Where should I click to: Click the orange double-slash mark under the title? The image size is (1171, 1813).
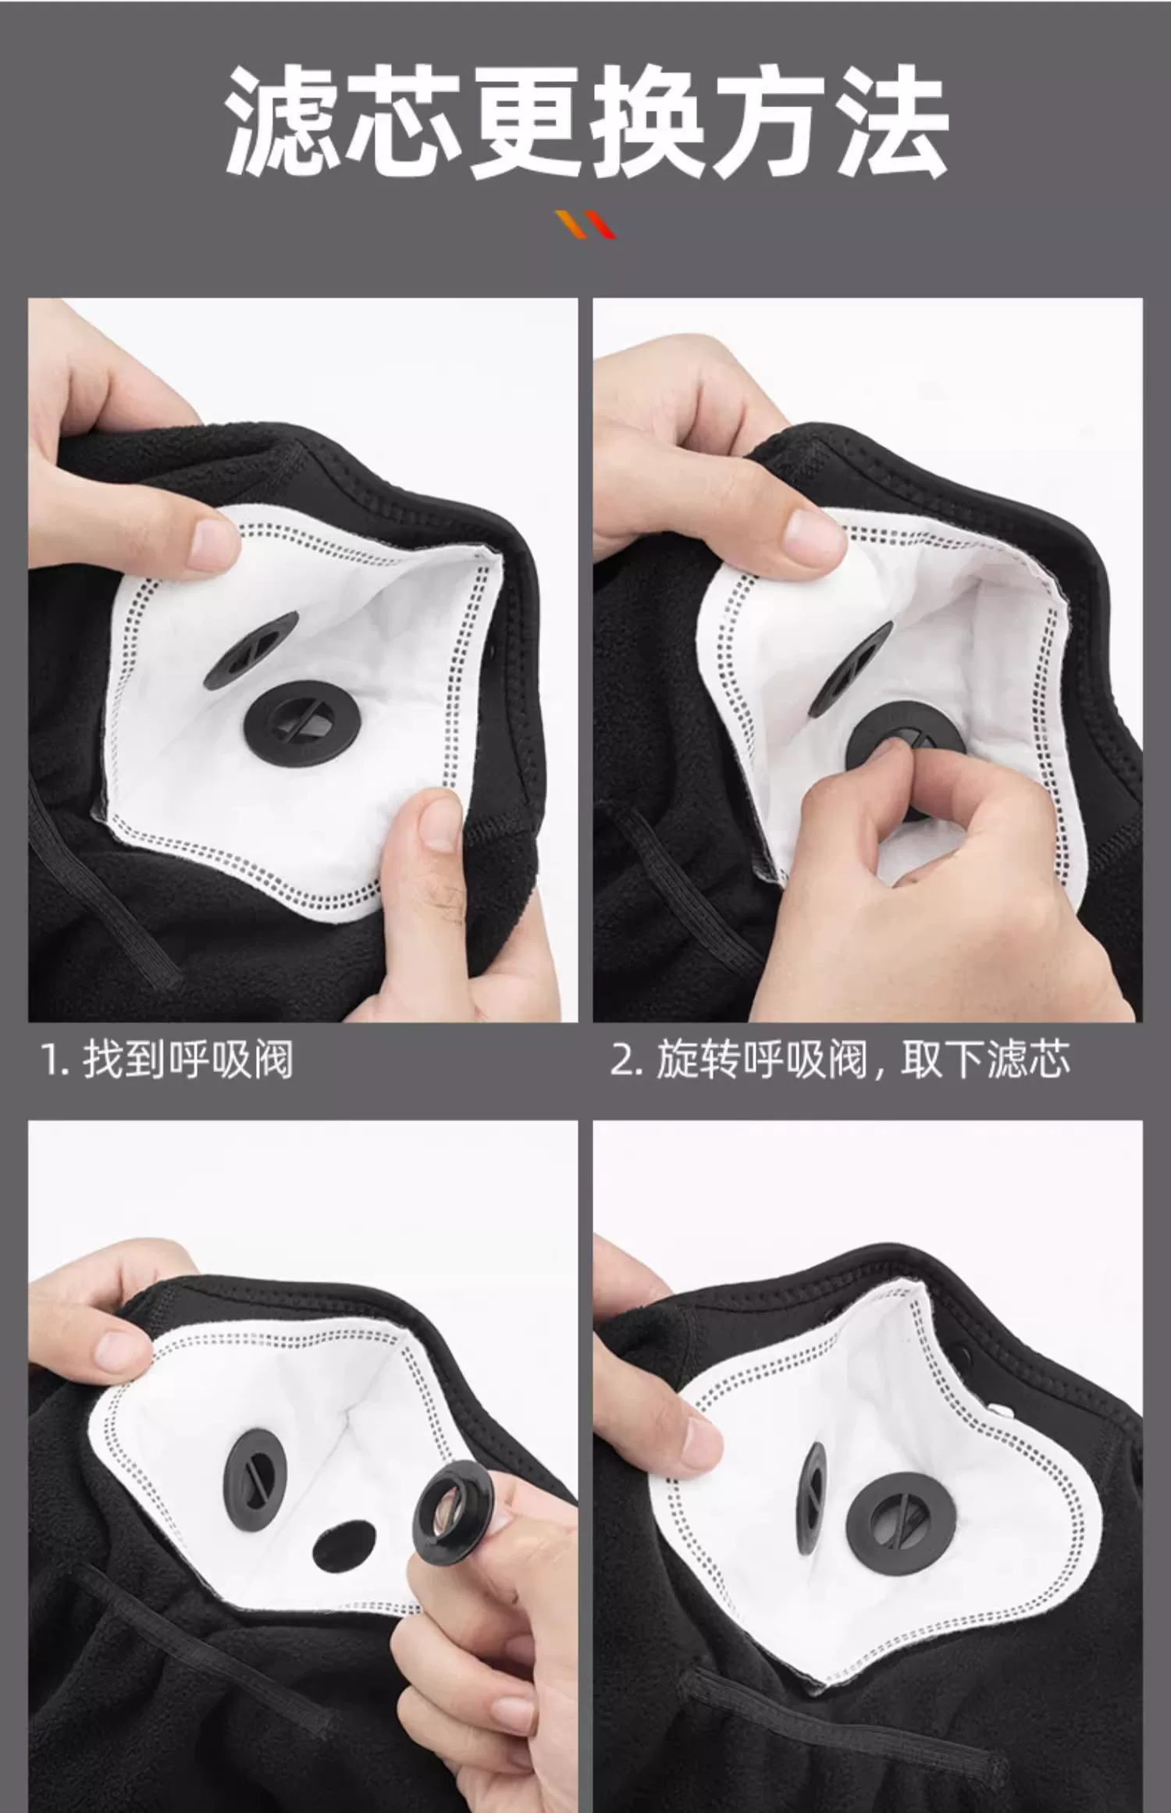pos(585,223)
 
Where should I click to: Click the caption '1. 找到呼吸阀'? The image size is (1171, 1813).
pos(167,1060)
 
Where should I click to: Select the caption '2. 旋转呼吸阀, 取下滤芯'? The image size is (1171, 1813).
pos(840,1060)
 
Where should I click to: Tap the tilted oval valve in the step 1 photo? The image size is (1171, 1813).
pos(251,650)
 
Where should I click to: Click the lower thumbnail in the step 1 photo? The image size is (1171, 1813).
pos(440,825)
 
